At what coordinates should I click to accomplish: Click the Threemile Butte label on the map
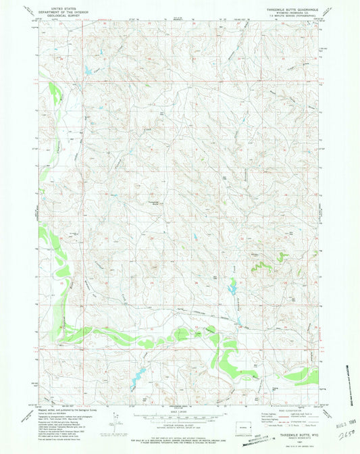[x=153, y=202]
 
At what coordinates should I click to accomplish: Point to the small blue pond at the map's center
[x=195, y=237]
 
